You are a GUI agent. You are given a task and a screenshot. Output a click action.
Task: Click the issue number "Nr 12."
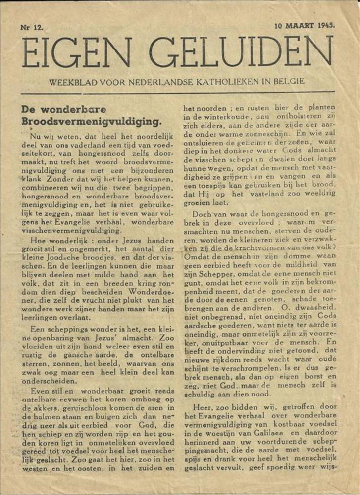[32, 27]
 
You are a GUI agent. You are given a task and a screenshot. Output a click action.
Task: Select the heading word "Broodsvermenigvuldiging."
[92, 121]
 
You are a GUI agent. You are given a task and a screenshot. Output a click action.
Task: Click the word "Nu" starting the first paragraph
[35, 136]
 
